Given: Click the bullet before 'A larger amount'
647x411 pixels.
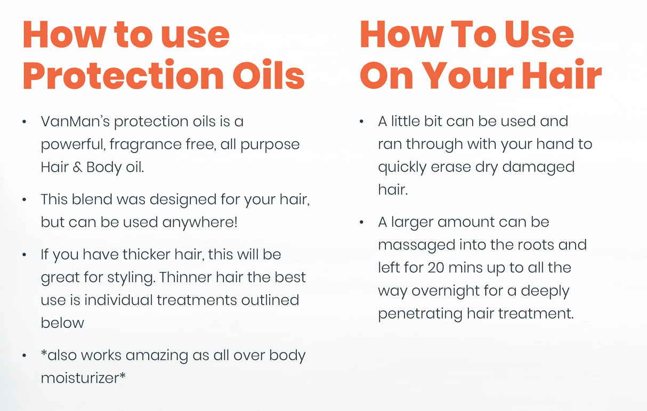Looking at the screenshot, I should pos(362,222).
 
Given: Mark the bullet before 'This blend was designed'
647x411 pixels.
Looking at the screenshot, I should pos(25,200).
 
